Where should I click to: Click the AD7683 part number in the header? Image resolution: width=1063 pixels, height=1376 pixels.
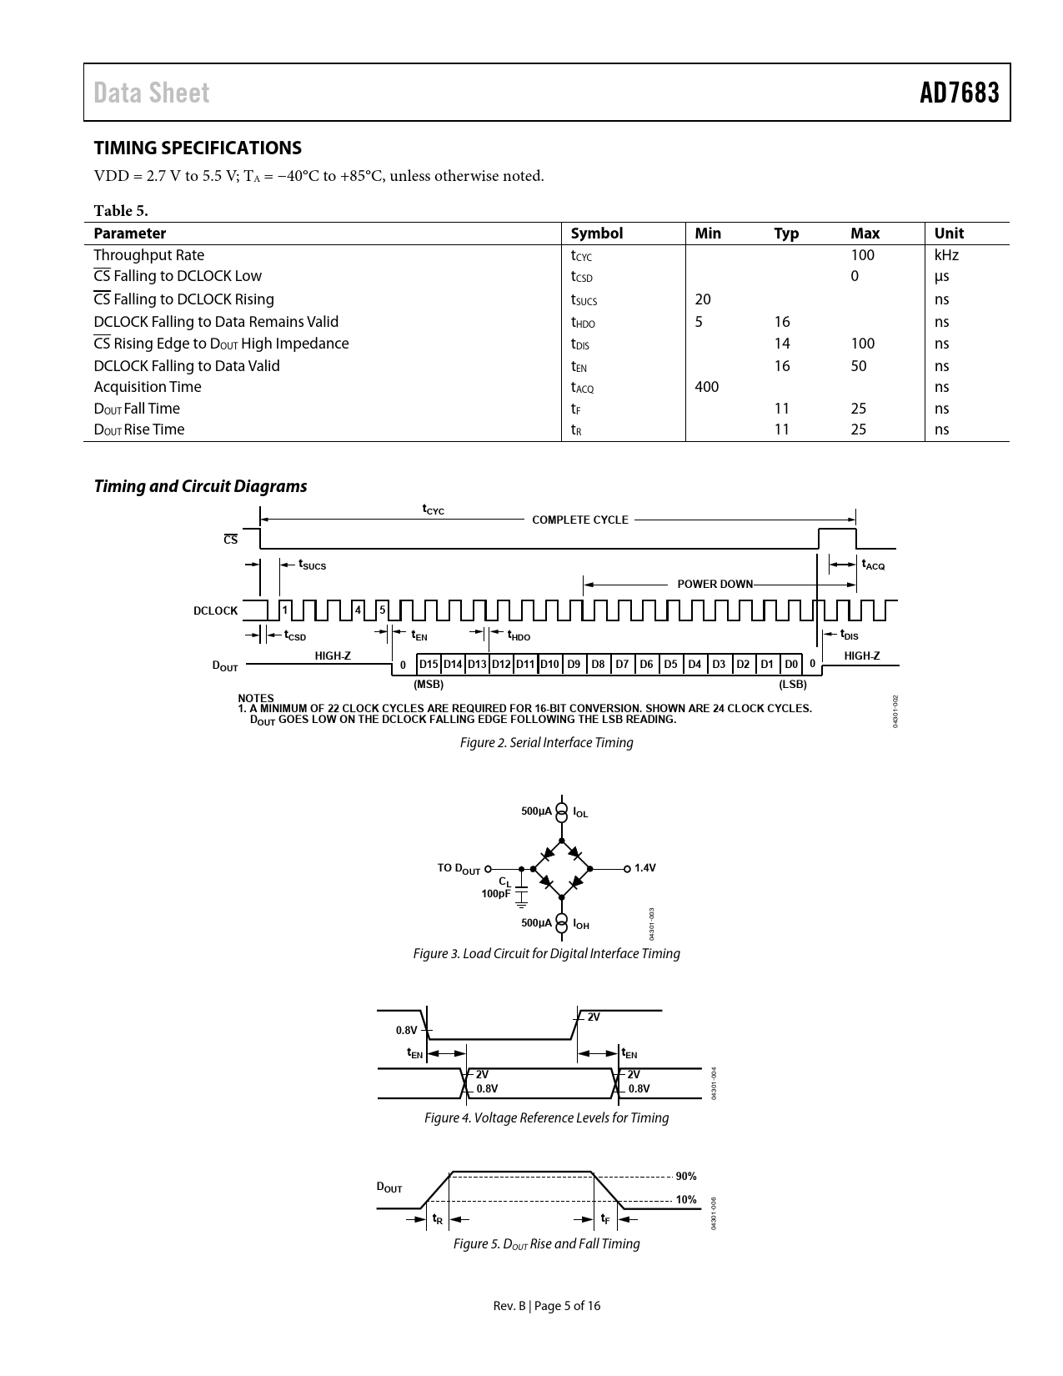click(959, 93)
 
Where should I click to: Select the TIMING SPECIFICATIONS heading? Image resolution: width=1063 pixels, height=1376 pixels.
click(198, 148)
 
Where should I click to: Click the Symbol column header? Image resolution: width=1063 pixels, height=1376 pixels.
click(596, 234)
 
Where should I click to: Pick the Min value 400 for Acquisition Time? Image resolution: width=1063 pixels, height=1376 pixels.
click(706, 387)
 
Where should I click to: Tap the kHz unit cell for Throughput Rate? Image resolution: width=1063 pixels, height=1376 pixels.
click(946, 255)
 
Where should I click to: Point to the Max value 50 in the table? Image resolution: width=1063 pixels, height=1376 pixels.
click(859, 366)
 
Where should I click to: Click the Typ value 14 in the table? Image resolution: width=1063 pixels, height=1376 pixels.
click(781, 344)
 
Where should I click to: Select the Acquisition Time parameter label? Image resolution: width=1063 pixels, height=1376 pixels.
click(148, 387)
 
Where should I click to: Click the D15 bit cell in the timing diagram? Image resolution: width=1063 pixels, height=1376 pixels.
click(429, 665)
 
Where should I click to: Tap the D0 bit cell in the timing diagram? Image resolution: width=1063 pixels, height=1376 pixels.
click(791, 665)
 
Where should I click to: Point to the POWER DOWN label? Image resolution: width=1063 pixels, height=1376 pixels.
click(715, 584)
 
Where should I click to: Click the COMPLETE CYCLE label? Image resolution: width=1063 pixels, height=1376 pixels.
click(580, 520)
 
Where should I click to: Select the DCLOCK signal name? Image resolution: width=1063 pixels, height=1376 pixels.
click(215, 610)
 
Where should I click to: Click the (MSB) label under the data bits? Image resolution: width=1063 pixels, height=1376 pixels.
click(429, 685)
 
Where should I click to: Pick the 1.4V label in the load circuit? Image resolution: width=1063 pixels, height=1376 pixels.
click(645, 868)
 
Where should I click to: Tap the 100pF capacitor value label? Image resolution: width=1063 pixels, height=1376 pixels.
click(495, 894)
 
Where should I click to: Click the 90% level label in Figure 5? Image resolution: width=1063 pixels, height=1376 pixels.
click(685, 1176)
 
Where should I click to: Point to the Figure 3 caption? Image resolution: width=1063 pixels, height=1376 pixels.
click(546, 953)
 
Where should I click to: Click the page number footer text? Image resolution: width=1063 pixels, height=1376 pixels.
click(546, 1306)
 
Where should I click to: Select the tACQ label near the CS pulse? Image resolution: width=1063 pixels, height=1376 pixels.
click(873, 565)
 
